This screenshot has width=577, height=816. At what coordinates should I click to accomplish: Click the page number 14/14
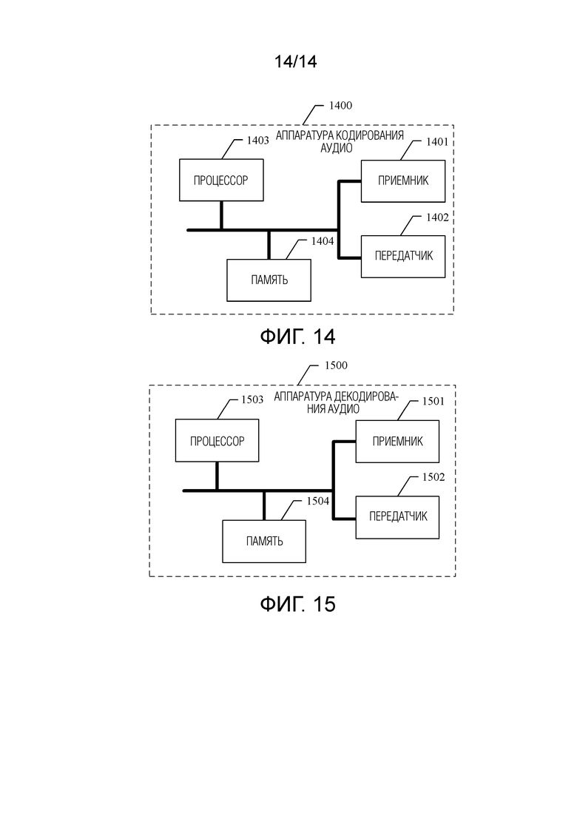tap(295, 62)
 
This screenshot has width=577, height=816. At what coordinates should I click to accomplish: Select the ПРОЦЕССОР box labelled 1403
tap(221, 180)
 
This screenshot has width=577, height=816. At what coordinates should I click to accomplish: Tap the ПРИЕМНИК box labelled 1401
tap(403, 181)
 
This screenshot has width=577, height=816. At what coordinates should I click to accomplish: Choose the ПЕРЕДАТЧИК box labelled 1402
tap(403, 257)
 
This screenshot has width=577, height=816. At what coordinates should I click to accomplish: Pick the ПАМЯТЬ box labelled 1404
tap(269, 280)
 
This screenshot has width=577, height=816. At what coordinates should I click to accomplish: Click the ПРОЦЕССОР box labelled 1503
tap(217, 441)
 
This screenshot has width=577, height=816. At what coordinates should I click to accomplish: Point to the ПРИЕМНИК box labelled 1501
tap(397, 442)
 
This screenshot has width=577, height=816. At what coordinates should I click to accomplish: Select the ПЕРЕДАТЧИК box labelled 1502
tap(397, 517)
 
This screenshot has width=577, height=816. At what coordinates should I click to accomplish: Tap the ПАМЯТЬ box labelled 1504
tap(264, 542)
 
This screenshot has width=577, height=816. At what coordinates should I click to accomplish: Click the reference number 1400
tap(341, 106)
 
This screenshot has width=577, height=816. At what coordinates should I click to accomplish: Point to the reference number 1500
tap(336, 365)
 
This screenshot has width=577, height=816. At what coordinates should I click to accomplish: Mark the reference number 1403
tap(257, 140)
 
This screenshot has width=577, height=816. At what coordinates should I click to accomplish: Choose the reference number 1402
tap(438, 218)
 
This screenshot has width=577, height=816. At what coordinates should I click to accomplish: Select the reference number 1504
tap(318, 501)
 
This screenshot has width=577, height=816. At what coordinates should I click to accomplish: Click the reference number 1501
tap(433, 401)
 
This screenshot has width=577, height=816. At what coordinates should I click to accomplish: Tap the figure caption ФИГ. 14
tap(297, 337)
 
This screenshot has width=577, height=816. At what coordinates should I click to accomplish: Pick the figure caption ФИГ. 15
tap(297, 604)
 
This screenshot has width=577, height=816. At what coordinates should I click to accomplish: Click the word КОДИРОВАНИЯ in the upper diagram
tap(370, 136)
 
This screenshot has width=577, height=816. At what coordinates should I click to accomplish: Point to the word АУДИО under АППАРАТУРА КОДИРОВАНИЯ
tap(336, 148)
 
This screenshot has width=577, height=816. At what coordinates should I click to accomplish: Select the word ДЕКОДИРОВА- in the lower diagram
tap(366, 397)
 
